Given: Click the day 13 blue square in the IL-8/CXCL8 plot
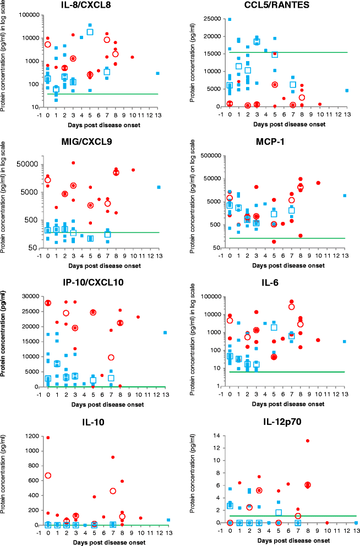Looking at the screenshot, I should (157, 73).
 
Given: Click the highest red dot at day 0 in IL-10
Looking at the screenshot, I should (48, 438).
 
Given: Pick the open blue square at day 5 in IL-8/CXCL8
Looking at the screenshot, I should (90, 31).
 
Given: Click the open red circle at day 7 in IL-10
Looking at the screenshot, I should (113, 491).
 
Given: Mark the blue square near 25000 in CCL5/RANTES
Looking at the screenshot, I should (230, 19).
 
